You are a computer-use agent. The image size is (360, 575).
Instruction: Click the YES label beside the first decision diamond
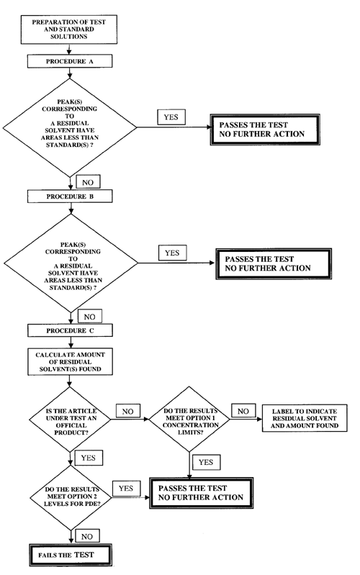(x=171, y=116)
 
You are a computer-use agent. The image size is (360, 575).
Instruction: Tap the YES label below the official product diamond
(x=92, y=457)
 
